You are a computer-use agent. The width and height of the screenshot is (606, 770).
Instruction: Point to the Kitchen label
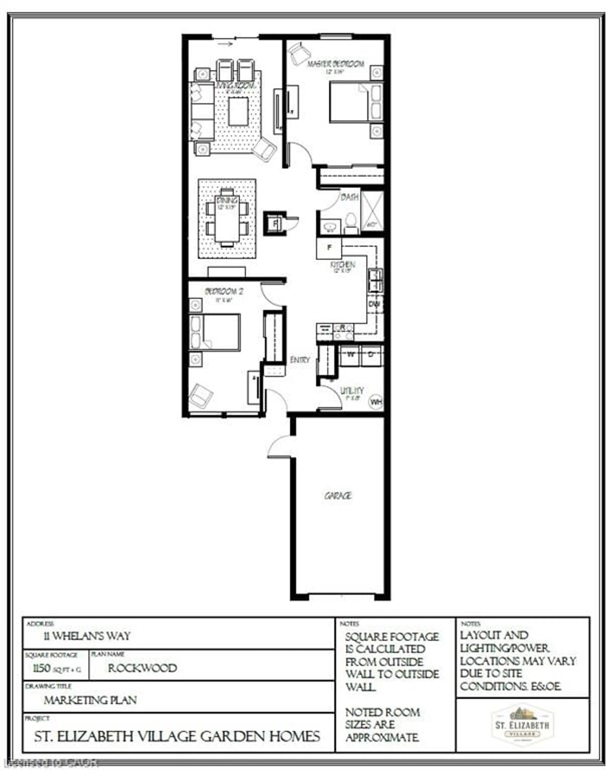click(342, 264)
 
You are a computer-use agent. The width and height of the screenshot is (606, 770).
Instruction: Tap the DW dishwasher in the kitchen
click(374, 304)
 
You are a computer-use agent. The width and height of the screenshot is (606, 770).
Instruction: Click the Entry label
click(300, 360)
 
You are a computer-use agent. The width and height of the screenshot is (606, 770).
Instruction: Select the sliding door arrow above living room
click(225, 44)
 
